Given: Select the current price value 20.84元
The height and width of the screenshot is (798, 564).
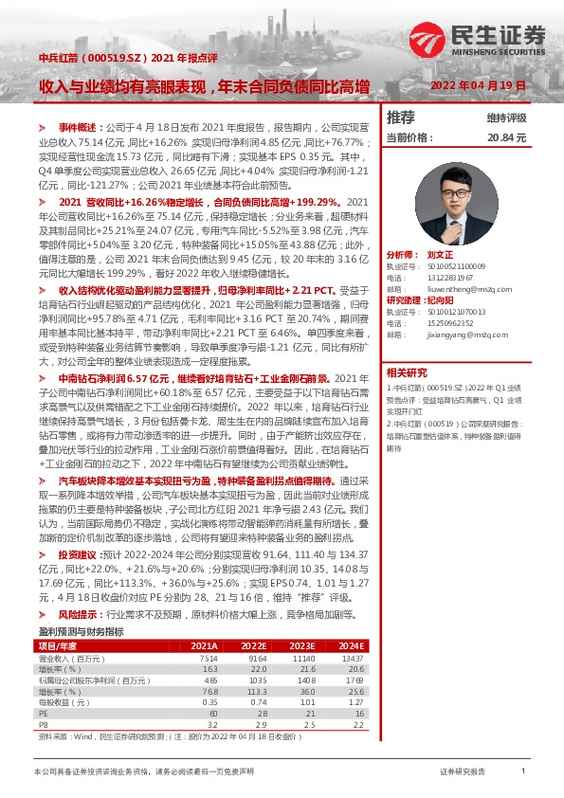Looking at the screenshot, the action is [x=506, y=137].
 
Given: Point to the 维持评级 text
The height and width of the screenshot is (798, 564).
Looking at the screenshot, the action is [x=506, y=118].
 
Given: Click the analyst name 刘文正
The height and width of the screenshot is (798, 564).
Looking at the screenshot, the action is [x=439, y=256].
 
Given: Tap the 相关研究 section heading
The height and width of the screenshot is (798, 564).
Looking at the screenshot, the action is [x=408, y=372].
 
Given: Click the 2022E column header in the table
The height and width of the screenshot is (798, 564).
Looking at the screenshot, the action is [x=256, y=645].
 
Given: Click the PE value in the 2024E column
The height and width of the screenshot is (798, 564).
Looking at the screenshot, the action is [x=355, y=712].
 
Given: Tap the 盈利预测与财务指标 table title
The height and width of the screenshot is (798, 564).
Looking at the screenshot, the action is [x=80, y=630].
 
